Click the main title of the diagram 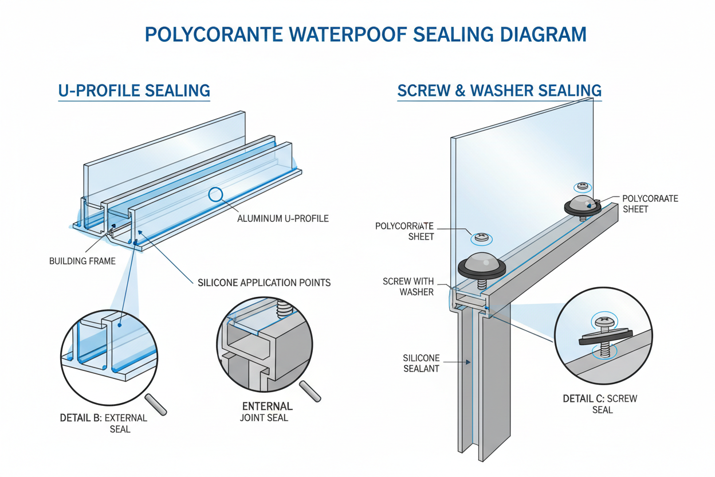366,34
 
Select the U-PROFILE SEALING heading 134,91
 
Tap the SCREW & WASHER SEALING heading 499,91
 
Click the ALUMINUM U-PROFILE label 282,218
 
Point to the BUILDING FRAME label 82,261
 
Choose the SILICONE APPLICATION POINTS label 264,283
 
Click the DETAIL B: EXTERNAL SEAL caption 104,423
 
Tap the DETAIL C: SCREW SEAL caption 600,404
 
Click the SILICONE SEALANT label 421,363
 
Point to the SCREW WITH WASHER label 408,287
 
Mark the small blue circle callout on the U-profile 215,194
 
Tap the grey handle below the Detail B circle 155,404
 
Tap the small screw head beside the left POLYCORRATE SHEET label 480,237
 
